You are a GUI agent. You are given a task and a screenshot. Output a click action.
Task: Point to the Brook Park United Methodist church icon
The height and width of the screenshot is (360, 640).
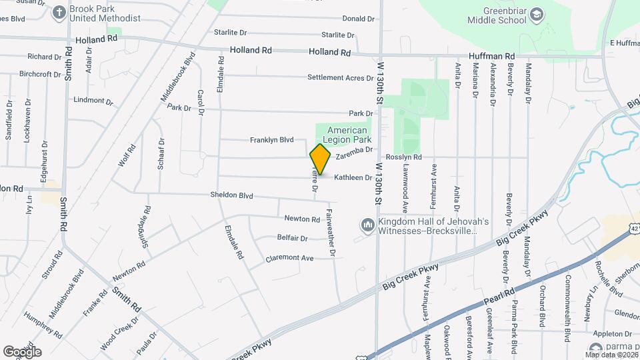(x=59, y=13)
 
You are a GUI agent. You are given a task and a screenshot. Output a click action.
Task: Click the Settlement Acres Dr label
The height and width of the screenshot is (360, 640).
(x=340, y=78)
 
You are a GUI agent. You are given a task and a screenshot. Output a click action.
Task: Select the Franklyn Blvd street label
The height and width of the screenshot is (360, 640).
(x=272, y=140)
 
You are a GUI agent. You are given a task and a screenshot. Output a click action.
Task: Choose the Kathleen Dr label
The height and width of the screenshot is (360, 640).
(x=353, y=178)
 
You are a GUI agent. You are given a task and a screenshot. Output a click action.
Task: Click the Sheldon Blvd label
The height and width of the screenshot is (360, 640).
(x=232, y=196)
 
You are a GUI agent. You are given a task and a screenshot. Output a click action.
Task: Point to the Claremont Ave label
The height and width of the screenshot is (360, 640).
(x=289, y=258)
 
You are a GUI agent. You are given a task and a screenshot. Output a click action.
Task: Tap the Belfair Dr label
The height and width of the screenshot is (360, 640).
(x=292, y=238)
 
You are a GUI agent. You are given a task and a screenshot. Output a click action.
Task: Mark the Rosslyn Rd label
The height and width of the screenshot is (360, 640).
(x=404, y=157)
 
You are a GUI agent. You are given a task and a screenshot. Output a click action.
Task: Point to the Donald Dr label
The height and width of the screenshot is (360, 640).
(x=357, y=19)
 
